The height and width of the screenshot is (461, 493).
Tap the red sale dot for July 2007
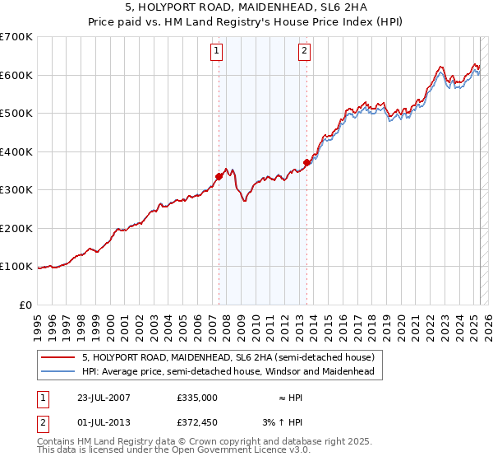pos(219,175)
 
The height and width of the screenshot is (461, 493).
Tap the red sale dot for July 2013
pos(306,162)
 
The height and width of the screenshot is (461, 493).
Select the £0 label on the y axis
pos(27,305)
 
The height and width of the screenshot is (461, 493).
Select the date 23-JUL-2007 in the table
pos(101,398)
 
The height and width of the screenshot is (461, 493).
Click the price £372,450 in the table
pos(197,424)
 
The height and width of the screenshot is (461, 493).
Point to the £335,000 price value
pos(197,398)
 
